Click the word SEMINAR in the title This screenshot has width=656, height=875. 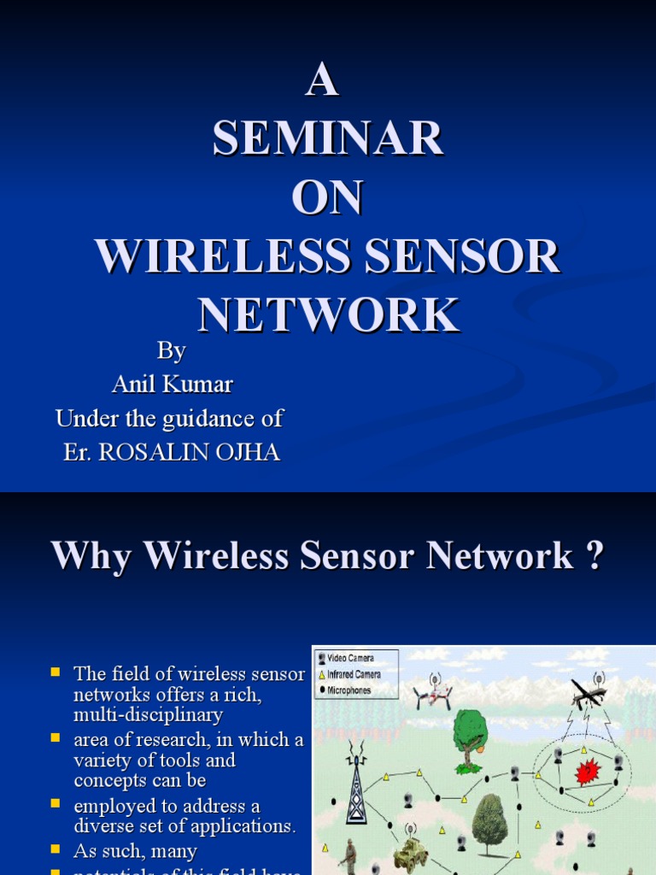tap(328, 138)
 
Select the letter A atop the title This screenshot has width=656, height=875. tap(322, 82)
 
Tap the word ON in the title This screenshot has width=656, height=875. tap(327, 197)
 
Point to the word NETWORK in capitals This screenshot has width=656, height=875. tap(328, 315)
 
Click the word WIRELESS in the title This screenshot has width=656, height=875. tap(221, 256)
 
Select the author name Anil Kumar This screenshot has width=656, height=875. tap(172, 385)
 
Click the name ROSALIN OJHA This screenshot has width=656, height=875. tap(190, 452)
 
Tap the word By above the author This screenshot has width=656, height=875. tap(171, 351)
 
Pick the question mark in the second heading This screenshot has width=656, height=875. tap(594, 556)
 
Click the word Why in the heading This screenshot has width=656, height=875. tap(91, 556)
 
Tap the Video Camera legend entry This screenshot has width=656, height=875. tap(350, 659)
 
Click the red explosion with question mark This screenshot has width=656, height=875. tap(588, 772)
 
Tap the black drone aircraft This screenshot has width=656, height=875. tap(590, 695)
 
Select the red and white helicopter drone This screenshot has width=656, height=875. tap(433, 694)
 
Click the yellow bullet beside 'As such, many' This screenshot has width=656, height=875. tap(56, 849)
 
